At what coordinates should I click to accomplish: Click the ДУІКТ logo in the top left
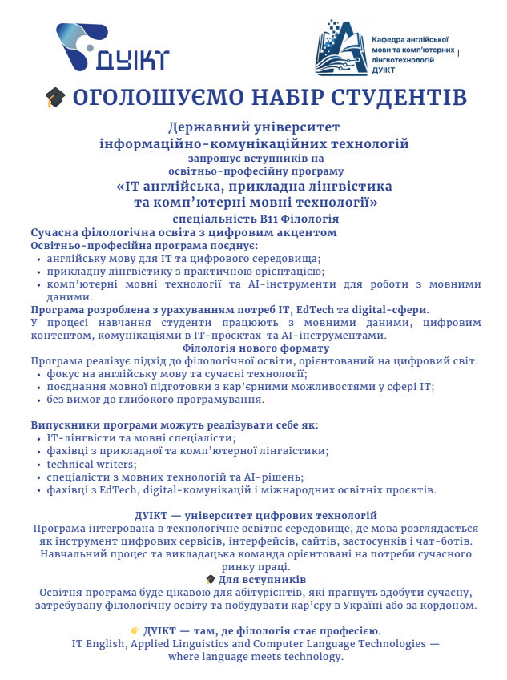[112, 47]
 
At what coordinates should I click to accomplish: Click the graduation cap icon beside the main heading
[54, 99]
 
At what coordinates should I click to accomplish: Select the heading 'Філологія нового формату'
[253, 348]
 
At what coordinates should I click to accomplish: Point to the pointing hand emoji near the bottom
[135, 630]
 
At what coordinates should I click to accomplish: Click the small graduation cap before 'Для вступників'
[210, 579]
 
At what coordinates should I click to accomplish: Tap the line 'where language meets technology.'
[255, 657]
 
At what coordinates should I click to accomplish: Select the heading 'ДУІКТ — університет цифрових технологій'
[256, 515]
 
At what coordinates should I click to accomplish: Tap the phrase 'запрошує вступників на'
[253, 158]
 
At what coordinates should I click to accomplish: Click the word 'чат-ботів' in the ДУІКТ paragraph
[452, 541]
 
